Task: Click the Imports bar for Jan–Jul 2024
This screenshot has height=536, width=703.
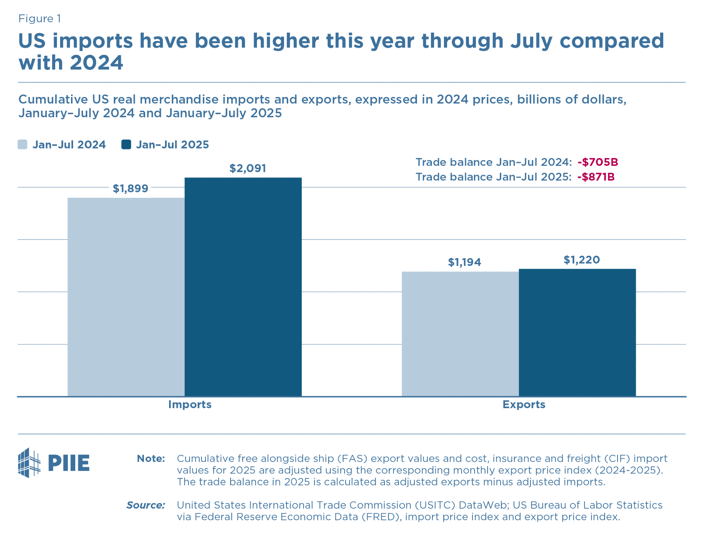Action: click(x=126, y=297)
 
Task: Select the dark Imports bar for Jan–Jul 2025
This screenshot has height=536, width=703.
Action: click(x=243, y=287)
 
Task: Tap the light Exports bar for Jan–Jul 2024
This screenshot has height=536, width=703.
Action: click(x=460, y=334)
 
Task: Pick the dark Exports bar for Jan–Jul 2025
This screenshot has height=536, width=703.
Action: click(x=577, y=332)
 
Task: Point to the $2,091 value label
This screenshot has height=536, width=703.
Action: click(x=248, y=168)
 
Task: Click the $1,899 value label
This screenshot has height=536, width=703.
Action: click(x=130, y=189)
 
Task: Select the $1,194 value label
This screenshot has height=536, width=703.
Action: click(x=464, y=262)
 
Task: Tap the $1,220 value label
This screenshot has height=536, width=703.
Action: click(x=582, y=260)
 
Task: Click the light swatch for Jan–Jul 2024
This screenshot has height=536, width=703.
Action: click(x=22, y=145)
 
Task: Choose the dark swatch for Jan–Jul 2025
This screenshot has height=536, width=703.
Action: click(x=126, y=145)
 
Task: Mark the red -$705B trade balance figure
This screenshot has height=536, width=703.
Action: click(x=598, y=162)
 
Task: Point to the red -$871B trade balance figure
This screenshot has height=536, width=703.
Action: click(x=596, y=177)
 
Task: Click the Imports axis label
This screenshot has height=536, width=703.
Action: click(x=190, y=405)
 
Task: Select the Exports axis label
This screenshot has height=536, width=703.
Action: click(x=524, y=405)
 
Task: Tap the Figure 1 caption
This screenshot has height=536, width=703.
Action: click(x=40, y=19)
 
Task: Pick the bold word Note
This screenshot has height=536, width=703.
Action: click(x=151, y=458)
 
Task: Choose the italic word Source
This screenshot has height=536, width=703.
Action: click(x=146, y=505)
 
